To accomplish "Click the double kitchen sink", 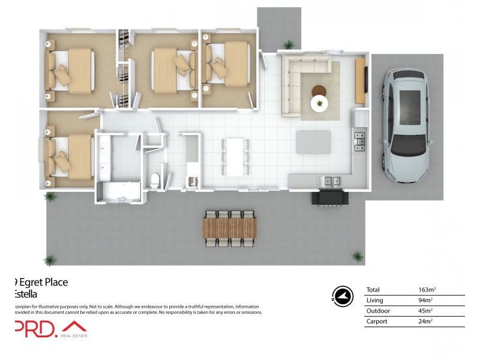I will pyautogui.click(x=329, y=180).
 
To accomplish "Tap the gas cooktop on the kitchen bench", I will pyautogui.click(x=360, y=141).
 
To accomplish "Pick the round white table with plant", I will pyautogui.click(x=320, y=104).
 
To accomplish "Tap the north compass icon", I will pyautogui.click(x=341, y=295).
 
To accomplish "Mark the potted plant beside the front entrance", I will pyautogui.click(x=289, y=44).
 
